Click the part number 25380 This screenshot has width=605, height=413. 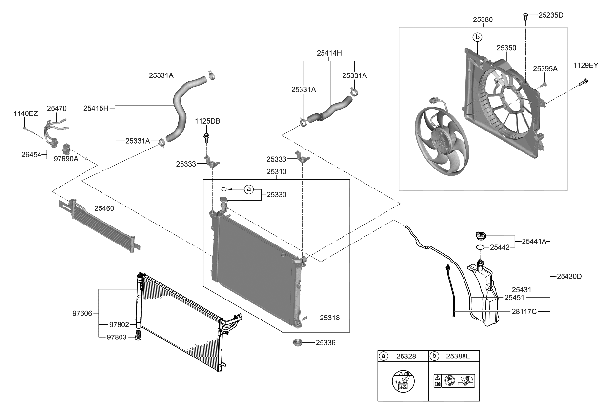(x=483, y=20)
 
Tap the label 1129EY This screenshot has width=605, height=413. (x=585, y=65)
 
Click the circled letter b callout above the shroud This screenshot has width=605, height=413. (x=477, y=37)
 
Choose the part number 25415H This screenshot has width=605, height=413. (x=96, y=108)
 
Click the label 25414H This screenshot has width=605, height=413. (x=329, y=52)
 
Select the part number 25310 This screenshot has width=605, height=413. (x=276, y=172)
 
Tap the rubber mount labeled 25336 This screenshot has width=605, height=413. (x=297, y=344)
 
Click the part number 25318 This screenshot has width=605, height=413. (x=330, y=318)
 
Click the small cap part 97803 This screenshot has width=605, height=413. (x=138, y=336)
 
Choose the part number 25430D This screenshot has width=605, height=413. (x=569, y=276)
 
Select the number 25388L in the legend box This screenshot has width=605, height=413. (x=457, y=356)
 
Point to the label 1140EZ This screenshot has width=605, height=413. (x=25, y=113)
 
